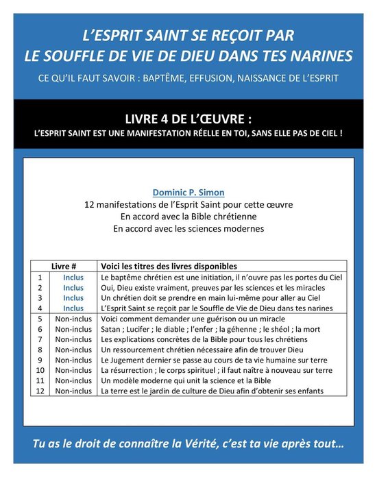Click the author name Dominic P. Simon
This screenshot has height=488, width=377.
(x=188, y=193)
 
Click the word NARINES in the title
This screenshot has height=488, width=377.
(x=319, y=55)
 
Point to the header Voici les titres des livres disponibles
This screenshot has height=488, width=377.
(x=169, y=266)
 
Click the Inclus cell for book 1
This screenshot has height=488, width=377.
(x=73, y=278)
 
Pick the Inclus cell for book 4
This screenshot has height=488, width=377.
(x=73, y=308)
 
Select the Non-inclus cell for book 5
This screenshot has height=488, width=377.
(x=73, y=319)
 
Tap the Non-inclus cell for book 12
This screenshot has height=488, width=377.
(x=73, y=391)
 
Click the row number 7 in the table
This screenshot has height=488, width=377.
(x=40, y=339)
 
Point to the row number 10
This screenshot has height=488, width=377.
(x=40, y=370)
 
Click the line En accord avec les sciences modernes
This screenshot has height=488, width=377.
(x=188, y=229)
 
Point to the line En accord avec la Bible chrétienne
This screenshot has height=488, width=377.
(x=188, y=217)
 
